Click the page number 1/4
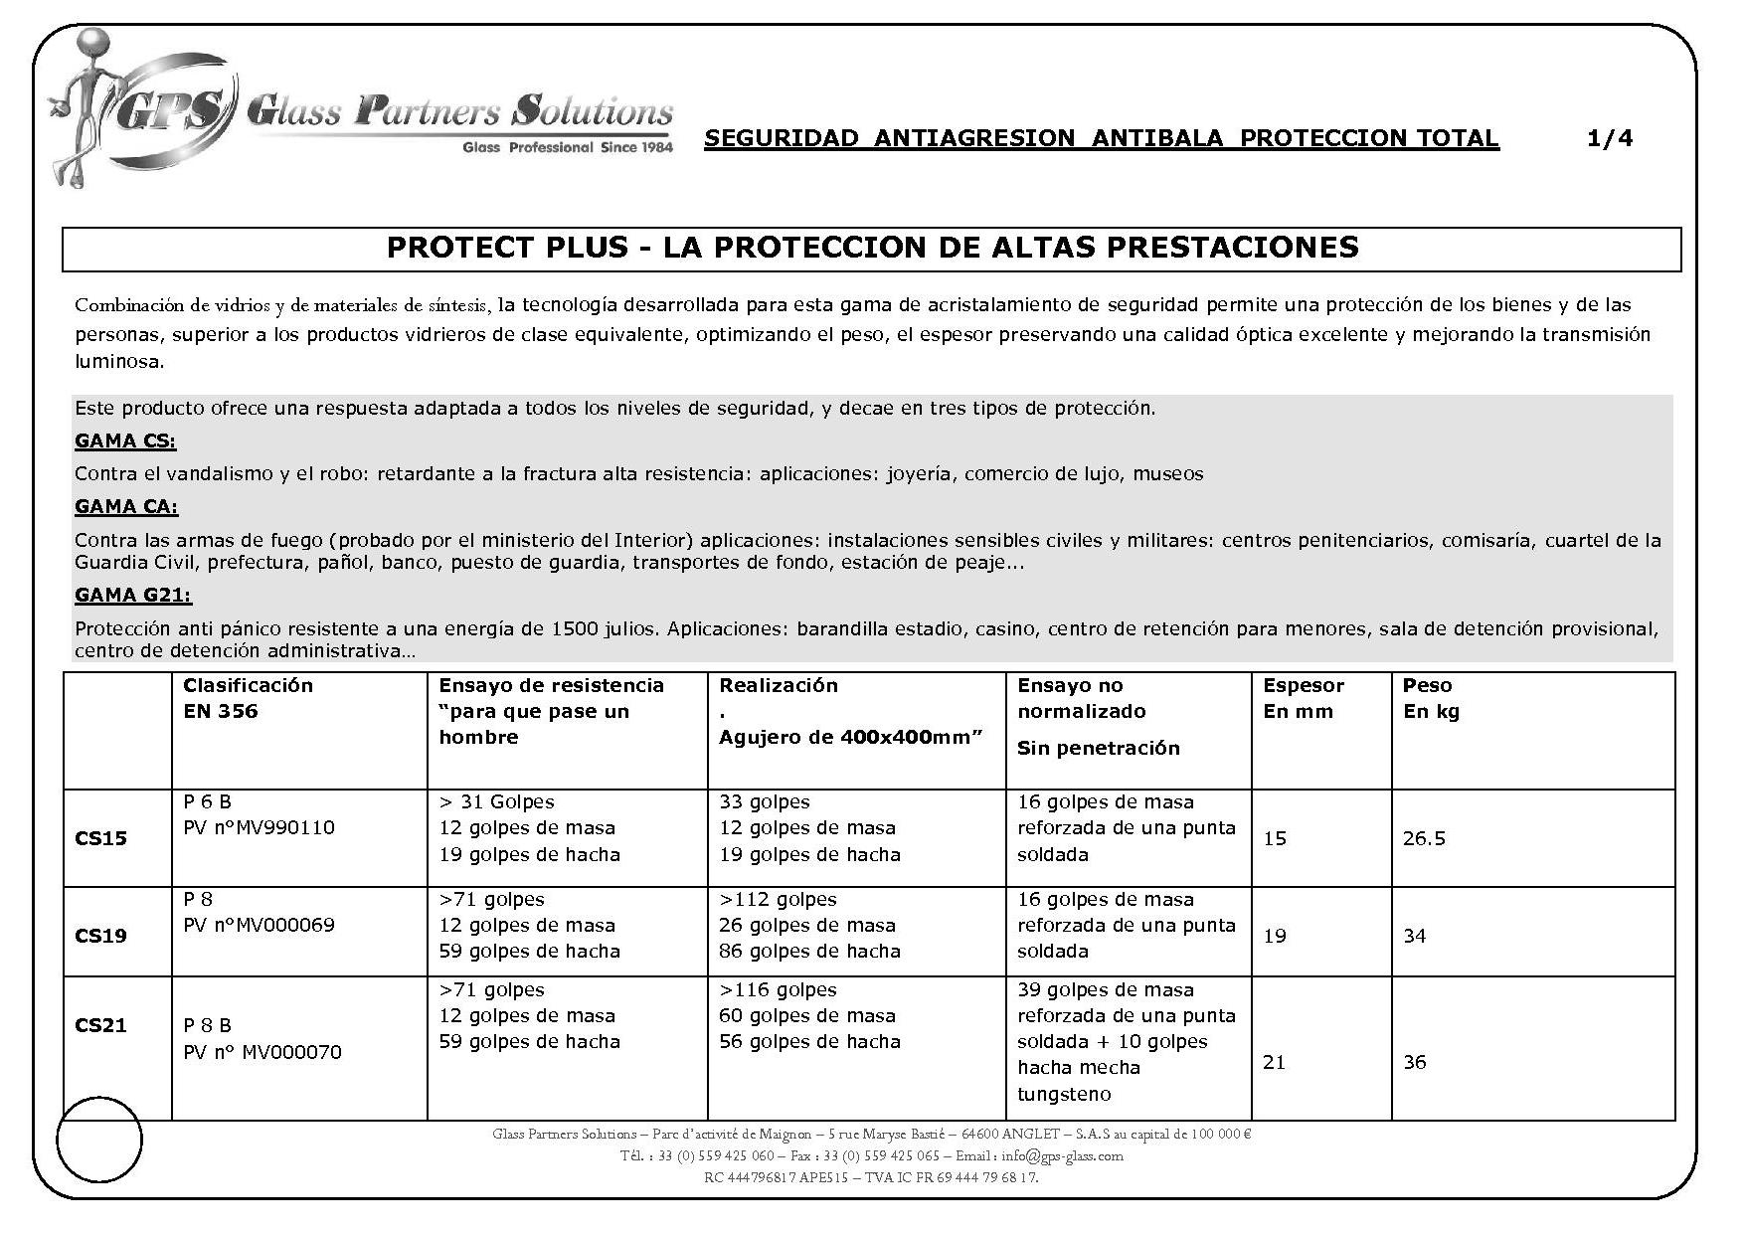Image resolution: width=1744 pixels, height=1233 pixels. pos(1610,138)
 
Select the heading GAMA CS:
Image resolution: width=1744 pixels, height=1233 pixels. pos(125,440)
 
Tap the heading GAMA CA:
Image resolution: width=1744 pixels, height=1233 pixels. pos(126,507)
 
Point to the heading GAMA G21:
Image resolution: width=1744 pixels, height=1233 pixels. pos(133,595)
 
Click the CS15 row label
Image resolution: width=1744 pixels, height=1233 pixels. pos(101,838)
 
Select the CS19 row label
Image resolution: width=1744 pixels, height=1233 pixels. pos(101,936)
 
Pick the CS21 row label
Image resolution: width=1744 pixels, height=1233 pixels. pos(101,1025)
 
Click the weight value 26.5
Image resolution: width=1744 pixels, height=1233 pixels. pos(1424,838)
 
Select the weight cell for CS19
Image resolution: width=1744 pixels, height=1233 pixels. pos(1415,936)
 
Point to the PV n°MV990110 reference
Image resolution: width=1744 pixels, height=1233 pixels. pos(260,827)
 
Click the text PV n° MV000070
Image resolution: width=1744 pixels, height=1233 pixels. pos(262,1052)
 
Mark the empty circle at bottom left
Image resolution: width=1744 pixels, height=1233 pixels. pos(99,1139)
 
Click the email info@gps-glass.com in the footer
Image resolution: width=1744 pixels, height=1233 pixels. pos(1062,1155)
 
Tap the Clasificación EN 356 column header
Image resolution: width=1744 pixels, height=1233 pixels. pos(248,698)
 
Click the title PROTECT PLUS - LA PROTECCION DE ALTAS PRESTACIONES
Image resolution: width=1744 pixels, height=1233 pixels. pos(872,248)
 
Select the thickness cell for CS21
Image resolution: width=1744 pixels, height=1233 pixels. pos(1275,1062)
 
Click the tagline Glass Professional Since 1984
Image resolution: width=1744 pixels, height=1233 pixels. pos(568,148)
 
